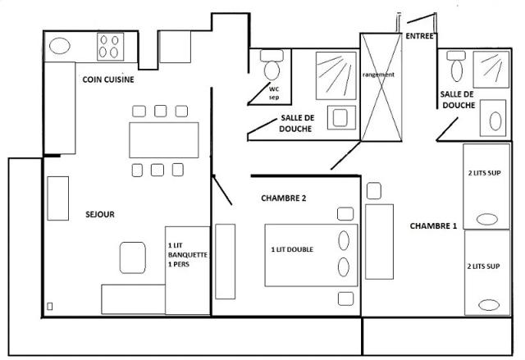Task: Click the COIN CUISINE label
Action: [108, 80]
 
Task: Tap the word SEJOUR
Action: [100, 214]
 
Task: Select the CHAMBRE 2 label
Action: [284, 198]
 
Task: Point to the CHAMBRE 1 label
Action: [433, 226]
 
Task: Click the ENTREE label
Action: [420, 35]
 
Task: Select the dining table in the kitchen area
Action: [164, 139]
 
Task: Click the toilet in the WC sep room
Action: [270, 67]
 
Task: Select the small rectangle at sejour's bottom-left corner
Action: [51, 307]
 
